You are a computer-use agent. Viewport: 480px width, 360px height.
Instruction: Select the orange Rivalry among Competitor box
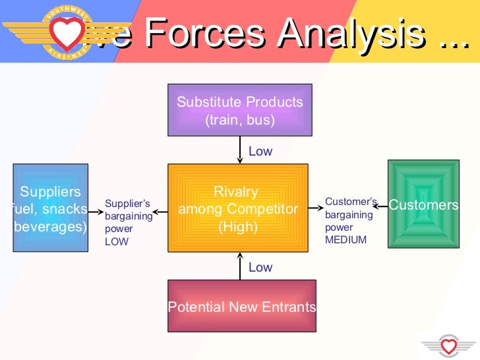point(238,208)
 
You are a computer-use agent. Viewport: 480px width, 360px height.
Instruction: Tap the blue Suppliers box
point(50,208)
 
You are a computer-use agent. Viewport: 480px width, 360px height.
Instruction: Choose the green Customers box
point(423,204)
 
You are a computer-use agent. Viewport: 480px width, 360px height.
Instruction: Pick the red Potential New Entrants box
point(242,306)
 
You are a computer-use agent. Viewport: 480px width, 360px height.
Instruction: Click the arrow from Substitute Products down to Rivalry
point(240,151)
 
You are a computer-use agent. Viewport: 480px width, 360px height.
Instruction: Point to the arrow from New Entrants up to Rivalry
point(240,266)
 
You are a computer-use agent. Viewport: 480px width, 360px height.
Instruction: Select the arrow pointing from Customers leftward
point(380,204)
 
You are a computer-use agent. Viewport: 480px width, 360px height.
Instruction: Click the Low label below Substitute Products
point(260,152)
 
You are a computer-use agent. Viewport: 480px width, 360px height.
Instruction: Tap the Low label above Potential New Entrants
point(260,267)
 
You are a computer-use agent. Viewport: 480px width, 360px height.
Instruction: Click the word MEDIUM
point(345,240)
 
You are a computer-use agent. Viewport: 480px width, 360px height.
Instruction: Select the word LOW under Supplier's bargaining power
point(117,241)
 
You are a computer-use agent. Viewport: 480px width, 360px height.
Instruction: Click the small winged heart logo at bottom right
point(449,345)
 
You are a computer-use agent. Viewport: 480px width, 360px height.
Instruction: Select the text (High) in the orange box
point(237,226)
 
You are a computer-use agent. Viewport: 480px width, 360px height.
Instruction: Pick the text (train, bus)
point(240,120)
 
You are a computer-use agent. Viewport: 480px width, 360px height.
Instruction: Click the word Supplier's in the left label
point(127,203)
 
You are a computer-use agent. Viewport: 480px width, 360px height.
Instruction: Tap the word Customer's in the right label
point(350,202)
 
